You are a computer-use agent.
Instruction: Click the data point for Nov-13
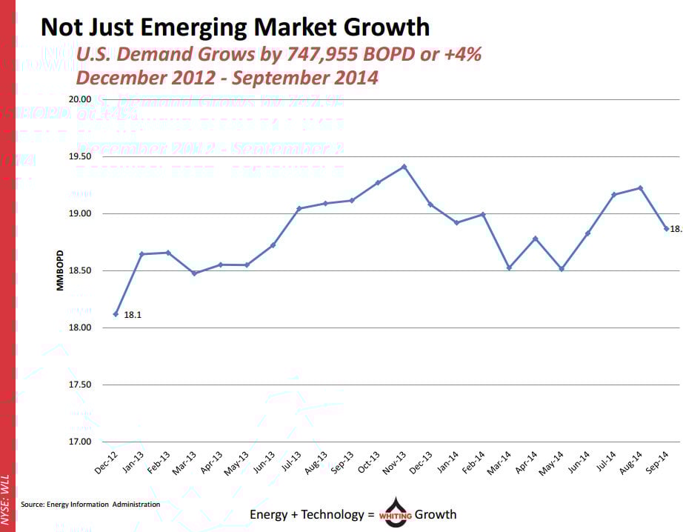(x=404, y=167)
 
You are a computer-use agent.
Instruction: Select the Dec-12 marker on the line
(x=116, y=314)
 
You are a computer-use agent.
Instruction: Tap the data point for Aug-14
(x=640, y=187)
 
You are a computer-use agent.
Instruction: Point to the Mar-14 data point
(x=509, y=267)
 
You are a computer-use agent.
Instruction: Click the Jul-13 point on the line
(x=299, y=208)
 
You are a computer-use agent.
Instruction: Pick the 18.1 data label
(x=133, y=315)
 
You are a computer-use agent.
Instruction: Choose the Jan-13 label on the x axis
(x=134, y=462)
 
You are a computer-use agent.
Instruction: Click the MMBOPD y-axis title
(x=60, y=270)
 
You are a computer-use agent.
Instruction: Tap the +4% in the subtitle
(x=461, y=54)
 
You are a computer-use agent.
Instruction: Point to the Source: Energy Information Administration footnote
(x=90, y=505)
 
